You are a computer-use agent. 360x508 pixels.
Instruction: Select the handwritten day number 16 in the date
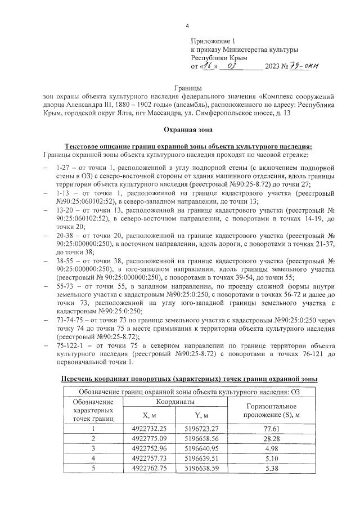click(210, 66)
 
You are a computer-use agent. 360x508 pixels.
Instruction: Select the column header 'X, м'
click(145, 415)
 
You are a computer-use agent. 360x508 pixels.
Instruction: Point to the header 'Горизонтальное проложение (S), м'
click(272, 410)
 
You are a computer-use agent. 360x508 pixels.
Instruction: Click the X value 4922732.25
click(145, 428)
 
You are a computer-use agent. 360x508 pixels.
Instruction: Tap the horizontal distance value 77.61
click(272, 428)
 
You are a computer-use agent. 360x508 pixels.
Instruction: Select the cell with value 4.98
click(272, 448)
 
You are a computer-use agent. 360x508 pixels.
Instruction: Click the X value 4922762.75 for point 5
click(145, 467)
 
